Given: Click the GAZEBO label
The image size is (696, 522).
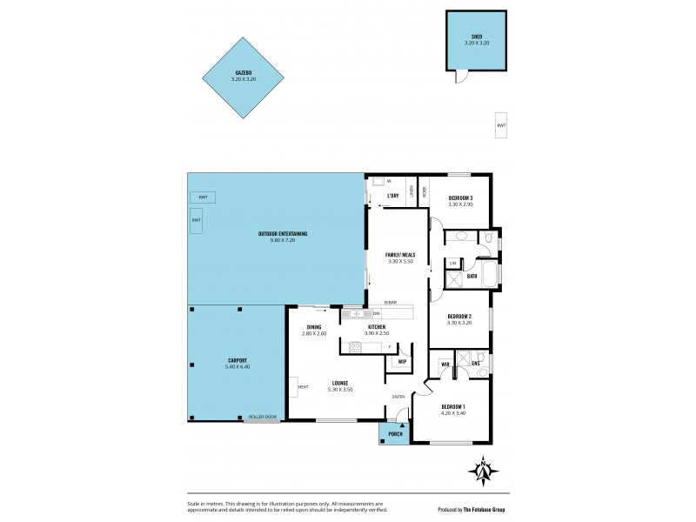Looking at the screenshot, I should [244, 73].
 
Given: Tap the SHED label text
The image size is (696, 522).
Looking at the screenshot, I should [477, 36].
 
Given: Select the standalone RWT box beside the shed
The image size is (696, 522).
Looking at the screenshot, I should [501, 125].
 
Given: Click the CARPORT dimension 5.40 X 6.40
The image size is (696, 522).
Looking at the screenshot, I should [238, 366].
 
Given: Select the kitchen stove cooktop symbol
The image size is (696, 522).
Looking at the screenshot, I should [355, 348].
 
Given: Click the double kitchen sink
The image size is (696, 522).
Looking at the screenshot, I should [357, 313].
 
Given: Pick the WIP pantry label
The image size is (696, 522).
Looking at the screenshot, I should [402, 361].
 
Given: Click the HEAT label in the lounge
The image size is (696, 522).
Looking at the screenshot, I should [303, 387].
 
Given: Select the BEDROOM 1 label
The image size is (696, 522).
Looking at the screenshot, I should [453, 407].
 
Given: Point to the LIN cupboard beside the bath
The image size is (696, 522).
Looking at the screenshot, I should [452, 262].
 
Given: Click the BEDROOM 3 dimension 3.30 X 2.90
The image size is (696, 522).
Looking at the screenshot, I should [460, 204].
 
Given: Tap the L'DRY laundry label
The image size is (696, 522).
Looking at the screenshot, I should [392, 195].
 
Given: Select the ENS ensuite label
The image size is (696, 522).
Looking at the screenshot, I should [476, 363].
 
